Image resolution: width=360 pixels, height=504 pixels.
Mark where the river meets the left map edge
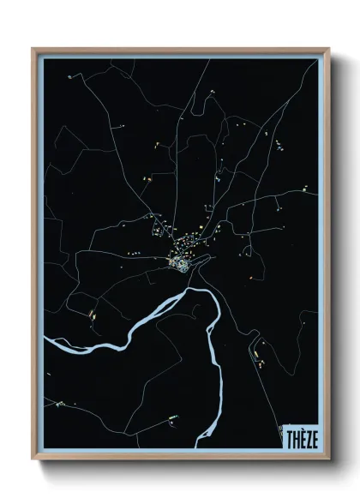pyautogui.click(x=45, y=342)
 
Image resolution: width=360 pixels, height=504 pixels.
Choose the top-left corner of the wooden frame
pyautogui.click(x=33, y=49)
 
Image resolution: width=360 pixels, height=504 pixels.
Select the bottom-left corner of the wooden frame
pyautogui.click(x=33, y=459)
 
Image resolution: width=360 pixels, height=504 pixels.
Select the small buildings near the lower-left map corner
pyautogui.click(x=58, y=403)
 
